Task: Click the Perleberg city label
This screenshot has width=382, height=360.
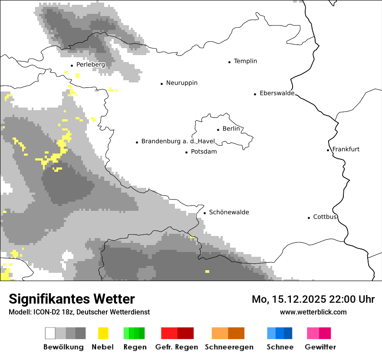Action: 90,65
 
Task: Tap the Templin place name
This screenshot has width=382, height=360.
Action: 245,61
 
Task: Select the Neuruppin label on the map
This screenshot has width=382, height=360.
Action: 181,83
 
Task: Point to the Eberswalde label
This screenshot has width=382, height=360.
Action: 277,93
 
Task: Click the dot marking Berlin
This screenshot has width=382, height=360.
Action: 218,129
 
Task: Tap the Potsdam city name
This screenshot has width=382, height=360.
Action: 204,152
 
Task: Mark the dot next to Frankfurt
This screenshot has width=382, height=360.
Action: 328,150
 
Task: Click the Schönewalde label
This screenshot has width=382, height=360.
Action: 229,212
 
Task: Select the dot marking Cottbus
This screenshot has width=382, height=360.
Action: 309,218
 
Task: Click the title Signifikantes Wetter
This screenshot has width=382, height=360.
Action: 72,299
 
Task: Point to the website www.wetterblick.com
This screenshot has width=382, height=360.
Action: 313,312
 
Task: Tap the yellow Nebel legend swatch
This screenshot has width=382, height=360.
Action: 103,333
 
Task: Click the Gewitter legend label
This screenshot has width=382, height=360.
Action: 320,347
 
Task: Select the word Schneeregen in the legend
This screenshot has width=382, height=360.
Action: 229,347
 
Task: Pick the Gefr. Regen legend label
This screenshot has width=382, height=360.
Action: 176,347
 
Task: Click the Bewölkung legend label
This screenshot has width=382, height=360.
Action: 63,347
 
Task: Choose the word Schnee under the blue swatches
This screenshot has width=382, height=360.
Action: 280,347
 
